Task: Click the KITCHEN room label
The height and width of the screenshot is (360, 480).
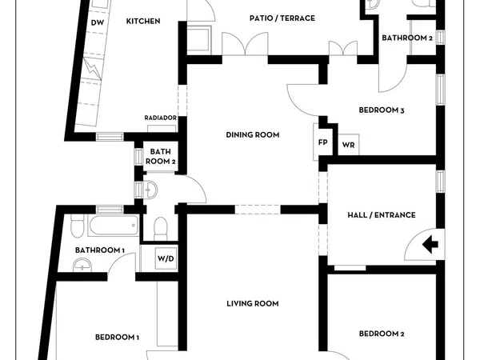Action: (x=143, y=21)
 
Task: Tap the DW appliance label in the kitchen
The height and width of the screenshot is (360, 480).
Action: (x=97, y=22)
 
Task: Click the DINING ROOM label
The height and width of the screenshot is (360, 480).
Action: (x=252, y=135)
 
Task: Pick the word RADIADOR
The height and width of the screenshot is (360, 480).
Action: (x=160, y=118)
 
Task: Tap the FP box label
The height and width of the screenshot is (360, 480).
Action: (x=322, y=142)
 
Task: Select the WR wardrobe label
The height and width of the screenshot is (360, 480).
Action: (x=348, y=145)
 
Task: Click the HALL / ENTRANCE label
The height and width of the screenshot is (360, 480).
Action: (x=381, y=214)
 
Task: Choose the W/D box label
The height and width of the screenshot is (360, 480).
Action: (x=165, y=258)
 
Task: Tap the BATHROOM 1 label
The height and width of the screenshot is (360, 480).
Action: (x=100, y=250)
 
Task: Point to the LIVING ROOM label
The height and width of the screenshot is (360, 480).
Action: (x=252, y=303)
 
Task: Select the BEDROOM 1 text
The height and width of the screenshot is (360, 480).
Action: (x=117, y=337)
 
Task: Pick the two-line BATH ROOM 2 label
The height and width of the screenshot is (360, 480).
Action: (x=161, y=156)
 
